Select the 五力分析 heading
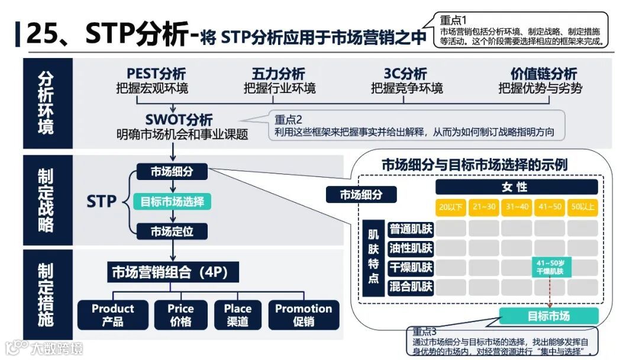(x=279, y=74)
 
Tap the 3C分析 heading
(x=406, y=74)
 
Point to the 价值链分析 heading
(x=543, y=74)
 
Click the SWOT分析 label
(x=180, y=120)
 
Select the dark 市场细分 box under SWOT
(x=172, y=172)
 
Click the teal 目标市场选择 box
(x=172, y=201)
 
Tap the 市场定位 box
(x=172, y=230)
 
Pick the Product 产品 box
(x=112, y=315)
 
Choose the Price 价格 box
(x=180, y=315)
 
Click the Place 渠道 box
(x=238, y=315)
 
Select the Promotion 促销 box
(x=304, y=315)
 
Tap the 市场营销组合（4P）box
(x=168, y=272)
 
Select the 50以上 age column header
(x=583, y=207)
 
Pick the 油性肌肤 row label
(x=411, y=248)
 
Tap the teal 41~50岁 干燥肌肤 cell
(x=550, y=268)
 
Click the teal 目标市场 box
(x=548, y=316)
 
